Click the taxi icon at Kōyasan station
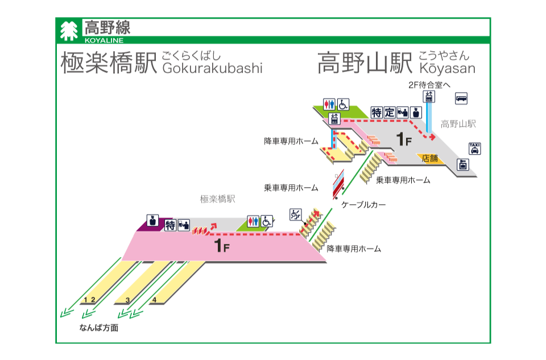pyautogui.click(x=474, y=148)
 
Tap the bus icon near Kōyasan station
pyautogui.click(x=461, y=98)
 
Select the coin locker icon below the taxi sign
pyautogui.click(x=463, y=164)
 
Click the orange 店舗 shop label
pyautogui.click(x=430, y=159)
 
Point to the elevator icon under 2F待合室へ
pyautogui.click(x=429, y=97)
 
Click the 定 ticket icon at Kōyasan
pyautogui.click(x=389, y=113)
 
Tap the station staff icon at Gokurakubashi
pyautogui.click(x=152, y=221)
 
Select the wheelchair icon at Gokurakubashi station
pyautogui.click(x=266, y=221)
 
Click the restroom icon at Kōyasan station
pyautogui.click(x=329, y=104)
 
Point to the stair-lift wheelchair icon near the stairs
pyautogui.click(x=296, y=214)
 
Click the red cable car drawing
pyautogui.click(x=338, y=184)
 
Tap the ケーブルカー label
pyautogui.click(x=363, y=205)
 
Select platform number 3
pyautogui.click(x=128, y=300)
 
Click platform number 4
pyautogui.click(x=154, y=300)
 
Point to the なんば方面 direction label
pyautogui.click(x=99, y=328)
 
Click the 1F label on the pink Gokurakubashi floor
pyautogui.click(x=222, y=246)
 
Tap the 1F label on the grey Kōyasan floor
pyautogui.click(x=404, y=139)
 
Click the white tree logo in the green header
pyautogui.click(x=69, y=31)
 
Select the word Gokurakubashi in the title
pyautogui.click(x=212, y=68)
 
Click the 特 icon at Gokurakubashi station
pyautogui.click(x=170, y=225)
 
